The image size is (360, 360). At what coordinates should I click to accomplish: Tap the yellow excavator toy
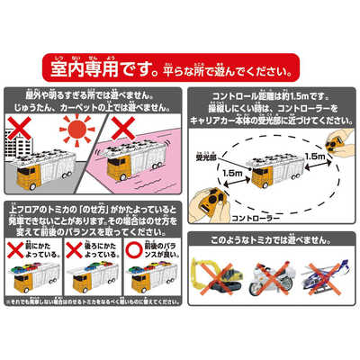(x=215, y=278)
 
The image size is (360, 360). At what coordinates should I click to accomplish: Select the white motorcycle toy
(x=268, y=281)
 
